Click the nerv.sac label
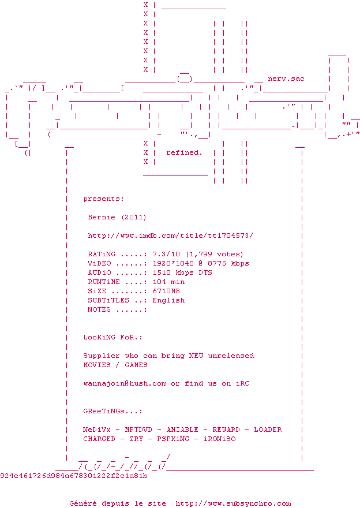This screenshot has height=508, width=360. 286,79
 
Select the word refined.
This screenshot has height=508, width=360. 184,152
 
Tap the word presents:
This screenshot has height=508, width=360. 103,199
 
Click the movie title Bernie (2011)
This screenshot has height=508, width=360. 117,217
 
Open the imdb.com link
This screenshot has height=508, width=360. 170,236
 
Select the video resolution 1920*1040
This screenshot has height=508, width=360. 172,263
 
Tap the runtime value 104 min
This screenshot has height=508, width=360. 168,282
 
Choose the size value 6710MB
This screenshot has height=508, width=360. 166,291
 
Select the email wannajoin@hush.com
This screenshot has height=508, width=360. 125,383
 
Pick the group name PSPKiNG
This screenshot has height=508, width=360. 172,439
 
